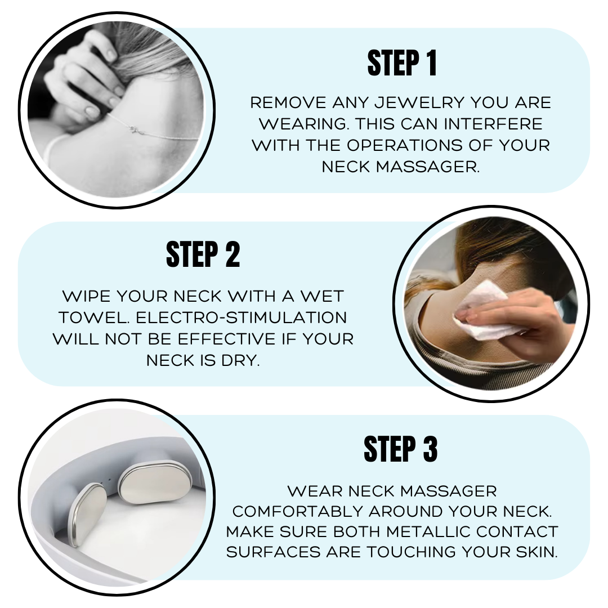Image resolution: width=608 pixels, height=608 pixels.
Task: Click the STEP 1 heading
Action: click(x=402, y=63)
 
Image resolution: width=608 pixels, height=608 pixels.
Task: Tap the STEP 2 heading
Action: click(x=203, y=254)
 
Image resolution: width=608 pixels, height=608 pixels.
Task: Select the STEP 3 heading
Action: click(x=401, y=449)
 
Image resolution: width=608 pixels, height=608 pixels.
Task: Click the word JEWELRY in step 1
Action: click(x=419, y=103)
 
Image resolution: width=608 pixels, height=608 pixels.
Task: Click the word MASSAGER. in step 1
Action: click(x=428, y=167)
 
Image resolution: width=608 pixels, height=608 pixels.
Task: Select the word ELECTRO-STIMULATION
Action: click(x=241, y=318)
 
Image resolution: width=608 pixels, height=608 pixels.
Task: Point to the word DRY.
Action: click(x=240, y=361)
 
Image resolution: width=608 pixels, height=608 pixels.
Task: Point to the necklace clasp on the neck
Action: click(x=135, y=129)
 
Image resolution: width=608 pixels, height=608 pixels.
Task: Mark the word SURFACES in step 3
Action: click(x=274, y=552)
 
